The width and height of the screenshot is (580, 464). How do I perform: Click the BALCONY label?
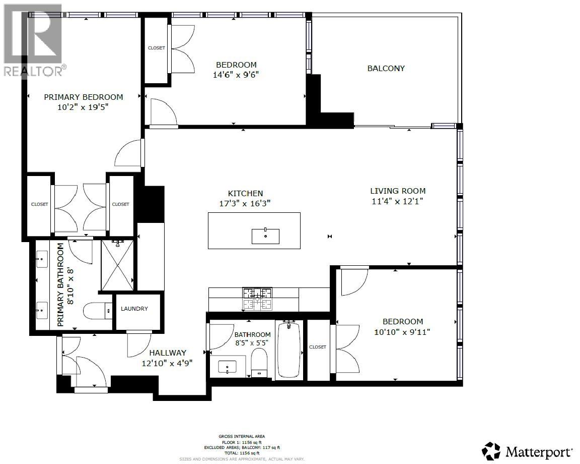coord(386,69)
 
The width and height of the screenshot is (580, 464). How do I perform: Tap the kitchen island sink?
coord(265,236)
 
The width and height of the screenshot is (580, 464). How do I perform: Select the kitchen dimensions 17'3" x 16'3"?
coord(245,203)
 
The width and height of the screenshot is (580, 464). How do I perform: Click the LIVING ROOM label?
coord(398,191)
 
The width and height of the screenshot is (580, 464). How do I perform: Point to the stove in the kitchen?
coord(258,298)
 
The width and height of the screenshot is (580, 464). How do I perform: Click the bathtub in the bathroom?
coord(288,350)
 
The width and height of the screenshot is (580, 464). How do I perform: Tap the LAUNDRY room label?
coord(134,309)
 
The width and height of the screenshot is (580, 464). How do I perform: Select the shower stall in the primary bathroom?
coord(118,265)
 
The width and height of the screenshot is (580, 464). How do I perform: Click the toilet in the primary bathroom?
coord(97,311)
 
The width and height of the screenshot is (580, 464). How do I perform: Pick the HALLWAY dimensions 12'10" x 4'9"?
coord(168,363)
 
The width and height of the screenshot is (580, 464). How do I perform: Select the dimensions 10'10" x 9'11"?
coord(402,332)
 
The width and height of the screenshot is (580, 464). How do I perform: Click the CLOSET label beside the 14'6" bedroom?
coord(156,48)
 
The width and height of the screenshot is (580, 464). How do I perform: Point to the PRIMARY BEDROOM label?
coord(84,97)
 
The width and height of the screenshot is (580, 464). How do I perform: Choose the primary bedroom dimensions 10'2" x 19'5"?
coord(84,107)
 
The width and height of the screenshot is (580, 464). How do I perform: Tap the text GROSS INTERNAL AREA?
coord(242,436)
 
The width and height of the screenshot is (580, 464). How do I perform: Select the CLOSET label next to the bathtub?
coord(318,347)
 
